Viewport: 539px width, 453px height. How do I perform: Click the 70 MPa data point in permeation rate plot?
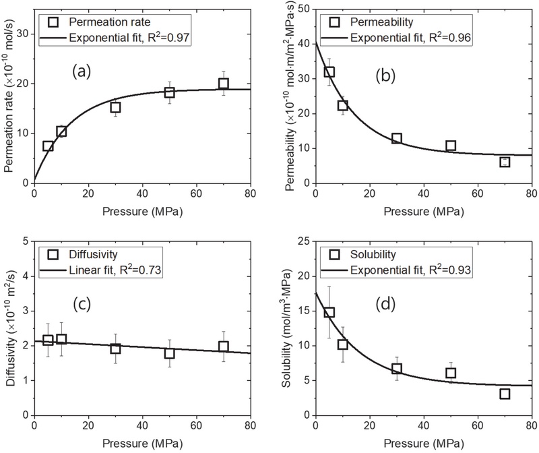click(224, 84)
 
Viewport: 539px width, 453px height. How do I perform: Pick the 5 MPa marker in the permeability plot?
click(329, 71)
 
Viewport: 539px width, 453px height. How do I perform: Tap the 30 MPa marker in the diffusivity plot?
click(115, 348)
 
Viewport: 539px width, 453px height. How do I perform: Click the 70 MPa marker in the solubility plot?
click(505, 393)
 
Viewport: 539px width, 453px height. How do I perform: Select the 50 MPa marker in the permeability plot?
click(451, 146)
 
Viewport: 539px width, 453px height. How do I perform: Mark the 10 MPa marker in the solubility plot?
click(343, 344)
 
